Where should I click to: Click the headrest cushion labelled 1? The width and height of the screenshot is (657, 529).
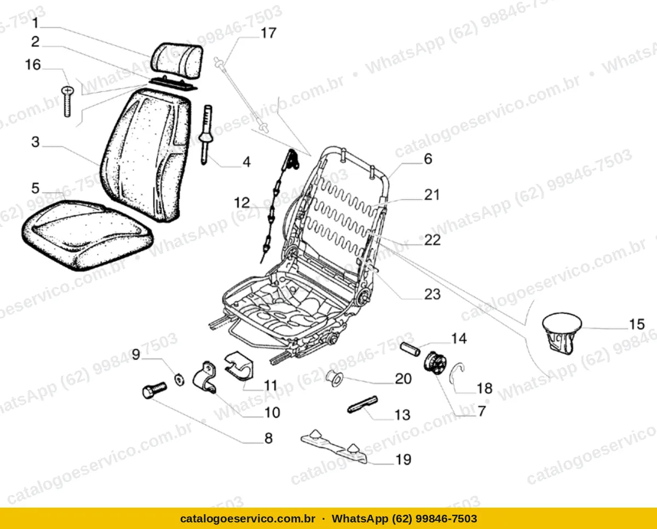177,60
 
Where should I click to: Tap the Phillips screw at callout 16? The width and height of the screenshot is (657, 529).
68,101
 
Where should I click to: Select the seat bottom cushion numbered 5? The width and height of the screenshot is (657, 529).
87,235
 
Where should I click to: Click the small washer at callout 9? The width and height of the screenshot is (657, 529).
179,380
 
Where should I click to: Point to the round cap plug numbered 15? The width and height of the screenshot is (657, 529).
561,332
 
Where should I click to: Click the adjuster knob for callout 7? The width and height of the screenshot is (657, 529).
435,363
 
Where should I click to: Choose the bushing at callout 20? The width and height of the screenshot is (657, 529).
335,378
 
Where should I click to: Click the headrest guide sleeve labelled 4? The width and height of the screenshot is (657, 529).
206,135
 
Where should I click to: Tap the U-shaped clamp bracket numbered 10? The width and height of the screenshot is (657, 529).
204,377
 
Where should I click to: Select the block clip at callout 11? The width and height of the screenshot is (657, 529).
239,366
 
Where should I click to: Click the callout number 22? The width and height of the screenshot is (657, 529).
433,240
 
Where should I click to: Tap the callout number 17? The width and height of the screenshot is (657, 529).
268,33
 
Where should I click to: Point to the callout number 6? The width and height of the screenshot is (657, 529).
428,159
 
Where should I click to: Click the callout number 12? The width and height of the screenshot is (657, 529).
242,203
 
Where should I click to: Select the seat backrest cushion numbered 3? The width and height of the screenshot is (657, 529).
146,155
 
